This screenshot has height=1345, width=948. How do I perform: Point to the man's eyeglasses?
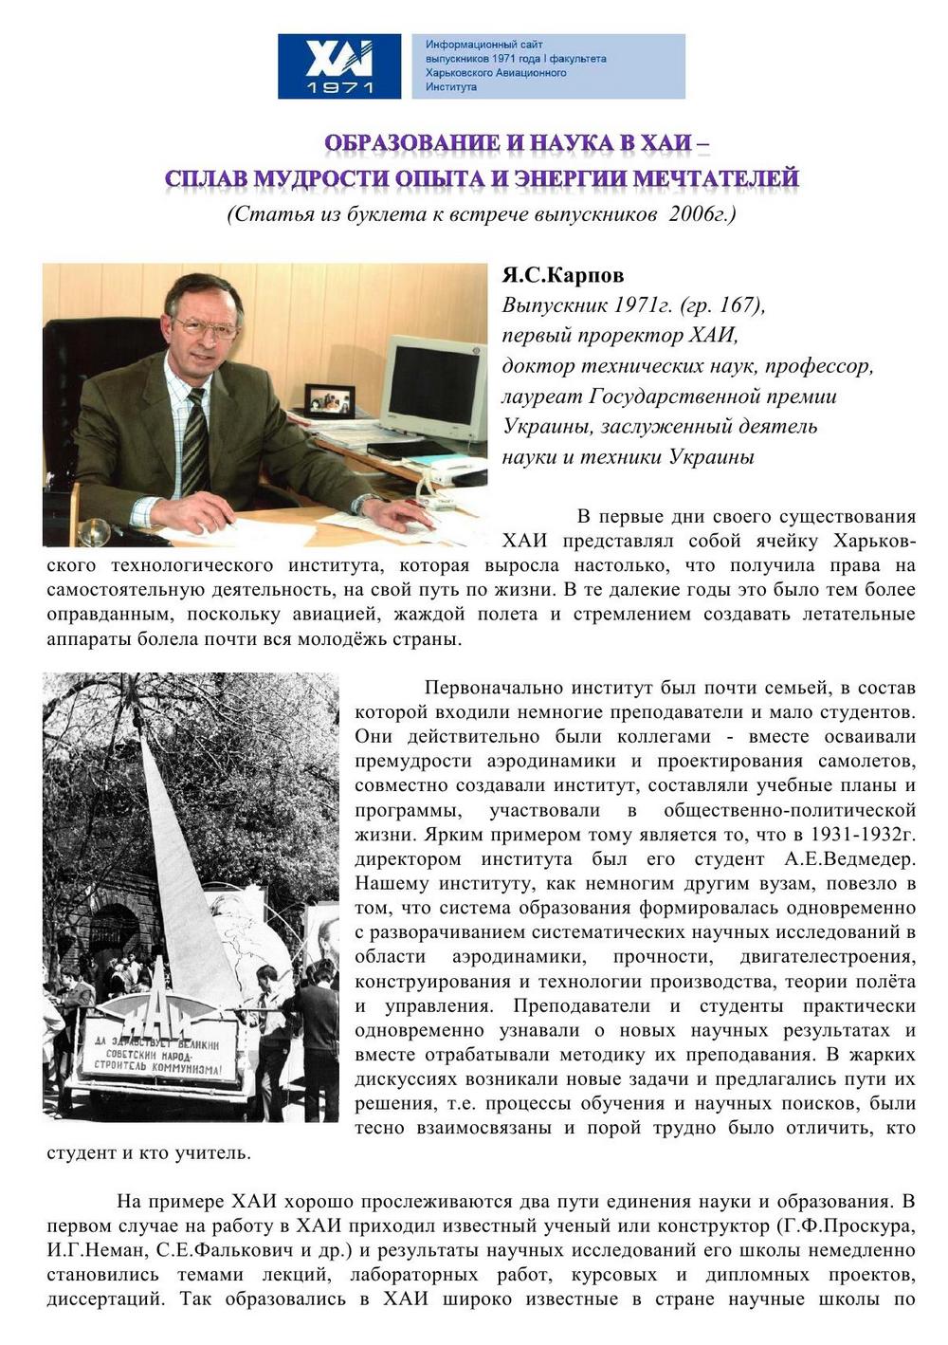(x=205, y=328)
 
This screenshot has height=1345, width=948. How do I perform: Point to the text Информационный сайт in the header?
(x=471, y=45)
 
